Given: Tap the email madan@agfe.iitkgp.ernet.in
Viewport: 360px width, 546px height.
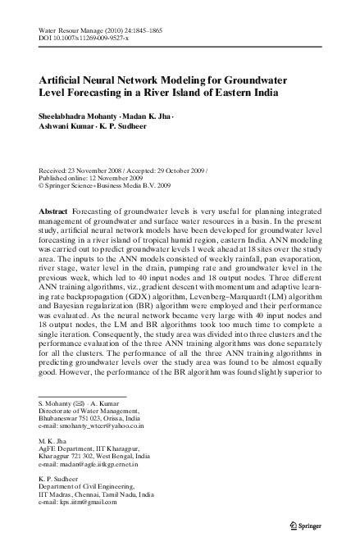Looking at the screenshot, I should tap(93, 465).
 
